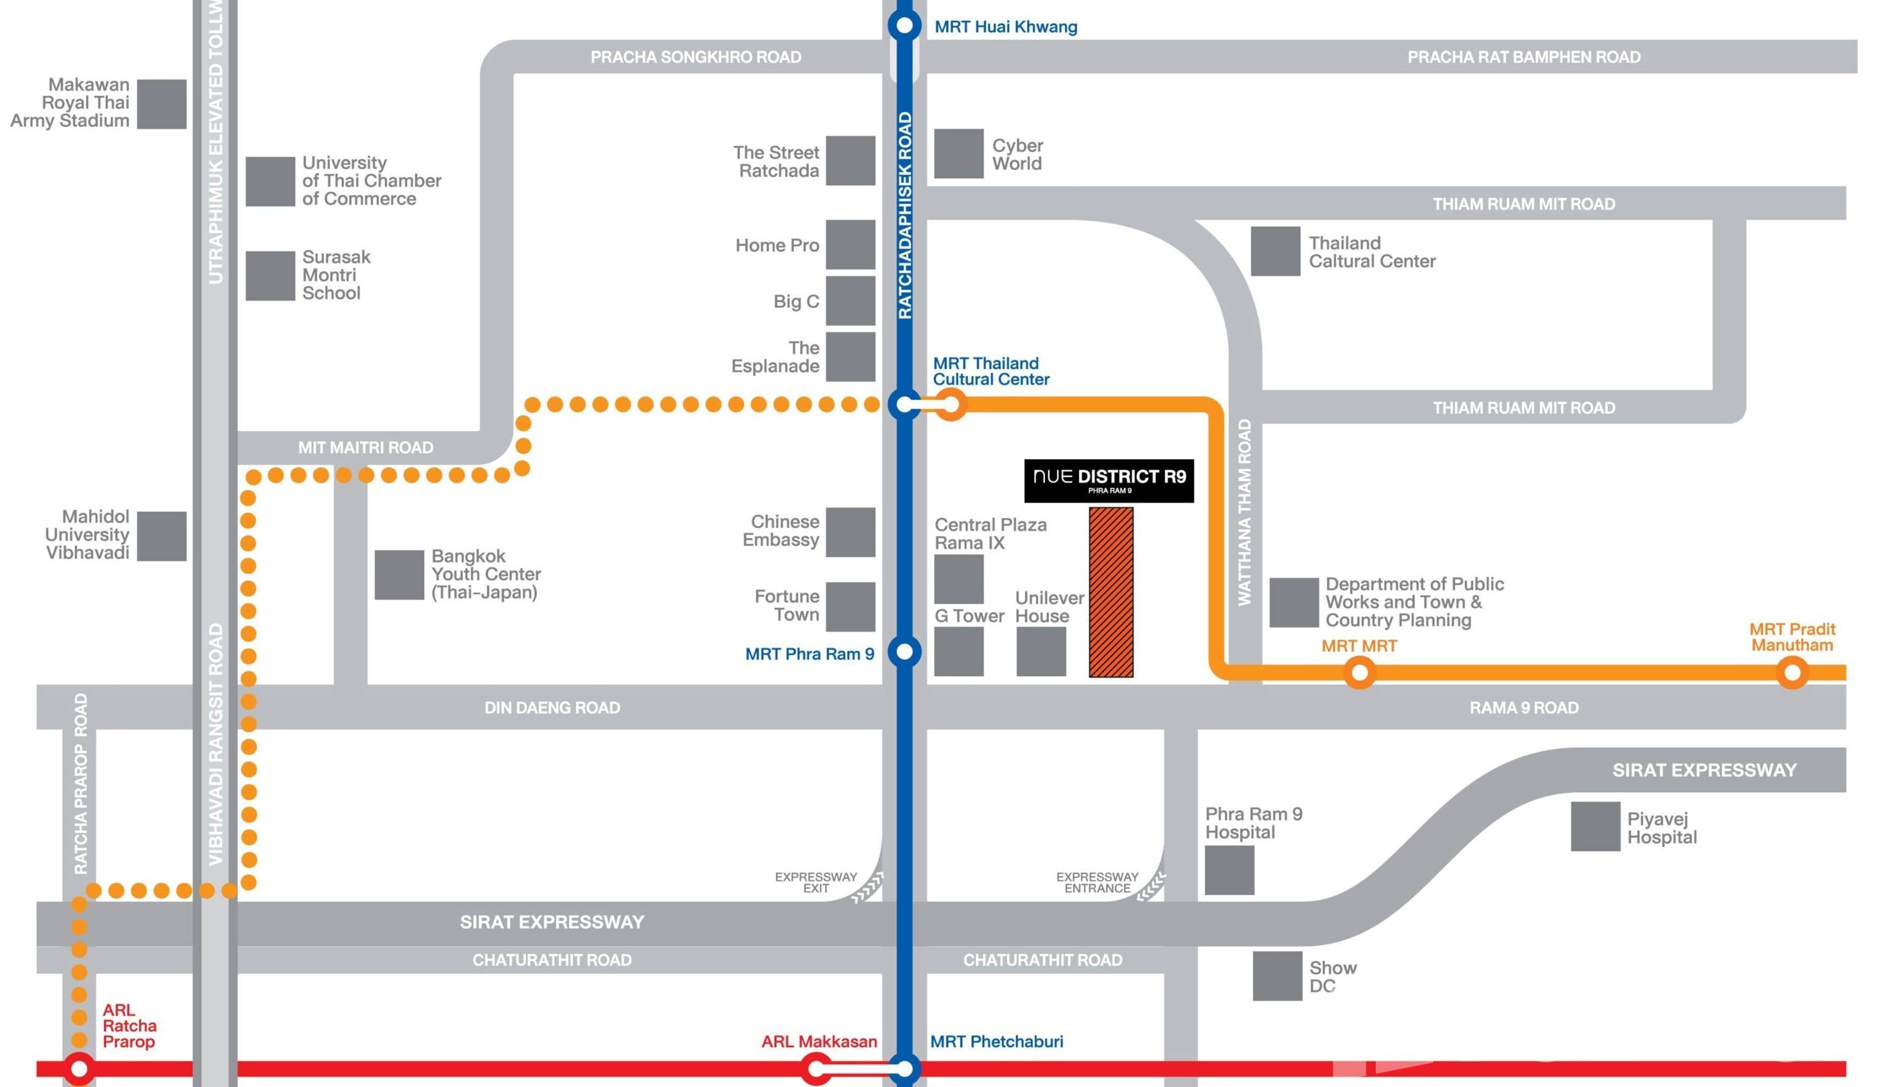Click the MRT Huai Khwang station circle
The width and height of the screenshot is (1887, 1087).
(x=904, y=25)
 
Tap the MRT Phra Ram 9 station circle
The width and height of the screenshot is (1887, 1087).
(x=904, y=652)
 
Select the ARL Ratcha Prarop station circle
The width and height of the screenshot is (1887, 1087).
(x=78, y=1068)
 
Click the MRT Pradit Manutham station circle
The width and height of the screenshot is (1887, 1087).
(x=1791, y=673)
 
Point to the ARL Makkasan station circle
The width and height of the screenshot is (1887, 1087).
(x=817, y=1068)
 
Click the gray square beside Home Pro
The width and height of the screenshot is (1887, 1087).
(x=850, y=244)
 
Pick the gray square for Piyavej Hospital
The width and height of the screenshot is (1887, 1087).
(x=1595, y=826)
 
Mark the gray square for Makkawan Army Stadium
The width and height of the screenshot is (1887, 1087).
(x=162, y=104)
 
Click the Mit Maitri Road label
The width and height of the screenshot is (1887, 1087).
(x=365, y=447)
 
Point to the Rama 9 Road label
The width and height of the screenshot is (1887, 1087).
(x=1523, y=707)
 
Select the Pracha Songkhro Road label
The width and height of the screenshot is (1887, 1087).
(x=695, y=57)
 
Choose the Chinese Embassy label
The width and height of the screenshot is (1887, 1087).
(x=781, y=531)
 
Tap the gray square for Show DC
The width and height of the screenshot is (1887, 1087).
(x=1277, y=976)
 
